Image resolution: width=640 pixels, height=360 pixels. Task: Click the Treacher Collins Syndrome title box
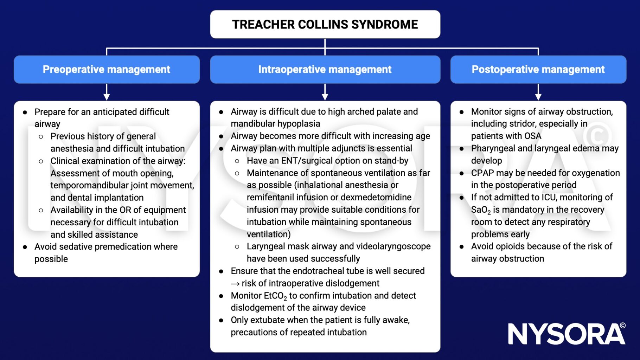coord(325,24)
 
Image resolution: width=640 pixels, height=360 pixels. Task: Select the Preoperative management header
coord(107,69)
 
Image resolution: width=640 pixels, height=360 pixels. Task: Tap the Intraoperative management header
coord(325,69)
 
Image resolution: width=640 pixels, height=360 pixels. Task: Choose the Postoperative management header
coord(538,69)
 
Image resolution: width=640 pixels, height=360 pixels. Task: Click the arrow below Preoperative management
coord(107,92)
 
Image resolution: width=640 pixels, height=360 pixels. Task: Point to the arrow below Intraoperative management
coord(325,92)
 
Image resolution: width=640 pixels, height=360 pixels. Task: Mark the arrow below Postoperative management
coord(538,92)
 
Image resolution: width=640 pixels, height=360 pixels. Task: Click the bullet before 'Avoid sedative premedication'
coord(25,247)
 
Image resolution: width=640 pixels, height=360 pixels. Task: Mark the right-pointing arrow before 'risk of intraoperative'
coord(235,283)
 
